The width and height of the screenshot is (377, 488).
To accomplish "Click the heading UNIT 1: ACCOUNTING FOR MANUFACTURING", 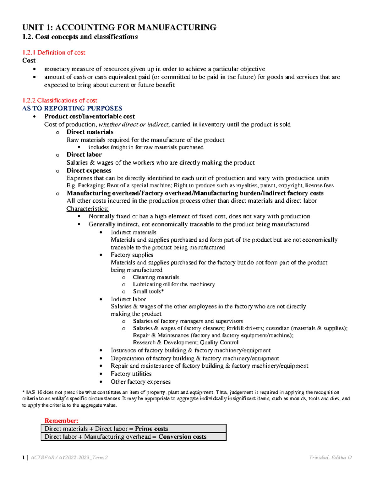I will (x=119, y=28).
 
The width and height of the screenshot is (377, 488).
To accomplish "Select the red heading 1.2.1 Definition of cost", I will (x=54, y=52).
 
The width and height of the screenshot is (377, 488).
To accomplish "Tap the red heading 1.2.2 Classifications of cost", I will (x=60, y=101).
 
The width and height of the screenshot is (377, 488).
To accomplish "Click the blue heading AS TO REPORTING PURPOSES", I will (x=72, y=108).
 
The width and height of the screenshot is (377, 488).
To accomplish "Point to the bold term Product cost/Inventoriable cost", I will (x=90, y=117).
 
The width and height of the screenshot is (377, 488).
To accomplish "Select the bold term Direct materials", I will (x=90, y=132).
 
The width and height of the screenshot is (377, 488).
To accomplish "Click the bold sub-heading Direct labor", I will (x=84, y=155).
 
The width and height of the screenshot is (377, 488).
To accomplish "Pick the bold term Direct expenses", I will (x=89, y=171).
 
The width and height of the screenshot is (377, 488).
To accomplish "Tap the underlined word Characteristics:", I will (x=88, y=209).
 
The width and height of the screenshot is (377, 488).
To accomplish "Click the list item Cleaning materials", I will (x=156, y=277).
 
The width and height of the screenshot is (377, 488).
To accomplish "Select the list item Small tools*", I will (x=148, y=291).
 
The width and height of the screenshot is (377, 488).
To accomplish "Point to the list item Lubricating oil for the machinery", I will (x=174, y=284).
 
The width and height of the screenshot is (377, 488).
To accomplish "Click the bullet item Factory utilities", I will (x=131, y=374).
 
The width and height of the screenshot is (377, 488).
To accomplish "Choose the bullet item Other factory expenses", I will (x=140, y=382).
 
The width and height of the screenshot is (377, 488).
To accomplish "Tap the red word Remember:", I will (x=61, y=421).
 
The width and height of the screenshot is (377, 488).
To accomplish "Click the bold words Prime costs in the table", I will (x=151, y=429).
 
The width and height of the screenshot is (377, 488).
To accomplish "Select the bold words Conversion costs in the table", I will (x=182, y=437).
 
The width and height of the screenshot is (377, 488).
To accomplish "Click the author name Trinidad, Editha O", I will (x=330, y=458).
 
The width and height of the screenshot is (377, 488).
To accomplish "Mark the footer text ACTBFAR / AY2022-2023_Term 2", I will (x=69, y=458).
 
